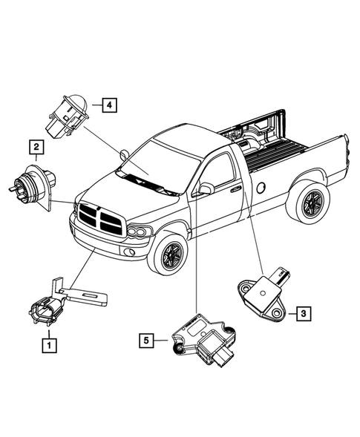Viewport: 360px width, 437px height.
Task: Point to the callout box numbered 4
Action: tap(108, 105)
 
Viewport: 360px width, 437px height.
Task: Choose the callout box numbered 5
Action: tap(148, 340)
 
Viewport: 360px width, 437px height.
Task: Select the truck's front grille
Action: tap(98, 218)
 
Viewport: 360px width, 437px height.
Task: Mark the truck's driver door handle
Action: tap(235, 190)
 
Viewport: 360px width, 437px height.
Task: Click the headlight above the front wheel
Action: tap(137, 232)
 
